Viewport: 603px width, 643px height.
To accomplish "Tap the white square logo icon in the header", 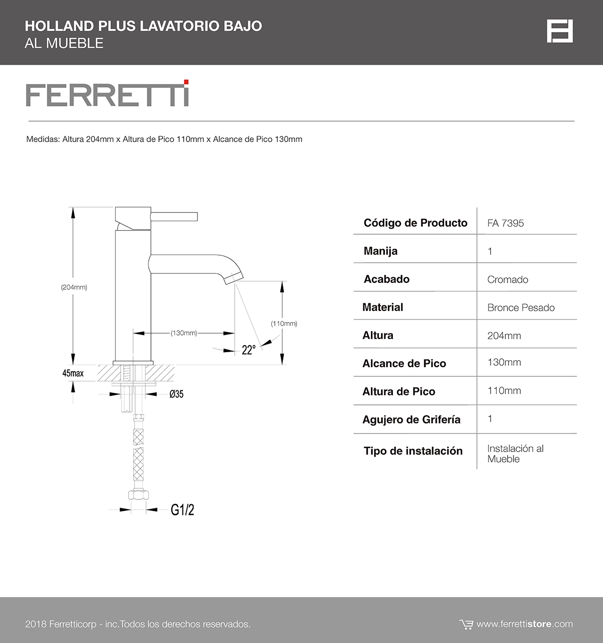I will (560, 32).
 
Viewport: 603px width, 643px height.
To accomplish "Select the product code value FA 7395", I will (506, 223).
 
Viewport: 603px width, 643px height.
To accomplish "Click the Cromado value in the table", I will (508, 280).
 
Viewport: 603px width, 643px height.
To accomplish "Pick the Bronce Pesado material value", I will (521, 308).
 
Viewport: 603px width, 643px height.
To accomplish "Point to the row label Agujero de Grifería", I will (411, 419).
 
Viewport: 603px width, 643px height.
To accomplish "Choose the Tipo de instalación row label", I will (413, 451).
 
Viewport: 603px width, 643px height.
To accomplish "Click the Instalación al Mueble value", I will (515, 454).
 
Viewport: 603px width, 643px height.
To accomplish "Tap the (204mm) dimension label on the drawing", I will (74, 287).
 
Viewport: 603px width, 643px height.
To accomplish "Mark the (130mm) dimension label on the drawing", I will (183, 333).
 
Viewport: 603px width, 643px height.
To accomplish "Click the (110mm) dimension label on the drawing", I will (284, 324).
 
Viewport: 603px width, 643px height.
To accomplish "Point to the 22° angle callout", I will (248, 350).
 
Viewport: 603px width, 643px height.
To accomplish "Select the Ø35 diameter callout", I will (176, 394).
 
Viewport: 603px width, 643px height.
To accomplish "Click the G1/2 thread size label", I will (182, 510).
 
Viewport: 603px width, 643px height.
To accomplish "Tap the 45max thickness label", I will (73, 373).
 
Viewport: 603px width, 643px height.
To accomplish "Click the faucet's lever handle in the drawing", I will (176, 217).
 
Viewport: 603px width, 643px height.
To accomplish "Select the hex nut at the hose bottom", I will (138, 494).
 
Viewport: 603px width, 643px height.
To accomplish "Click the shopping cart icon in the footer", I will (466, 624).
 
